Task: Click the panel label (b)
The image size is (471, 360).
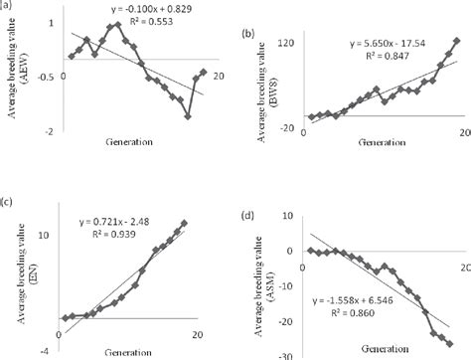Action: point(248,33)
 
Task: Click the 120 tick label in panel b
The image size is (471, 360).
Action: point(286,46)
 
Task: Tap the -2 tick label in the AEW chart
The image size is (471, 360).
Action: point(51,130)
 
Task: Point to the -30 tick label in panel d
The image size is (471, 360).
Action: point(282,355)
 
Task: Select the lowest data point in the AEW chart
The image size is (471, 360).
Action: point(187,115)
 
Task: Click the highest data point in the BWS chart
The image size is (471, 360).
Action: point(456,42)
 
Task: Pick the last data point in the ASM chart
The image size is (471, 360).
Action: point(449,342)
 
